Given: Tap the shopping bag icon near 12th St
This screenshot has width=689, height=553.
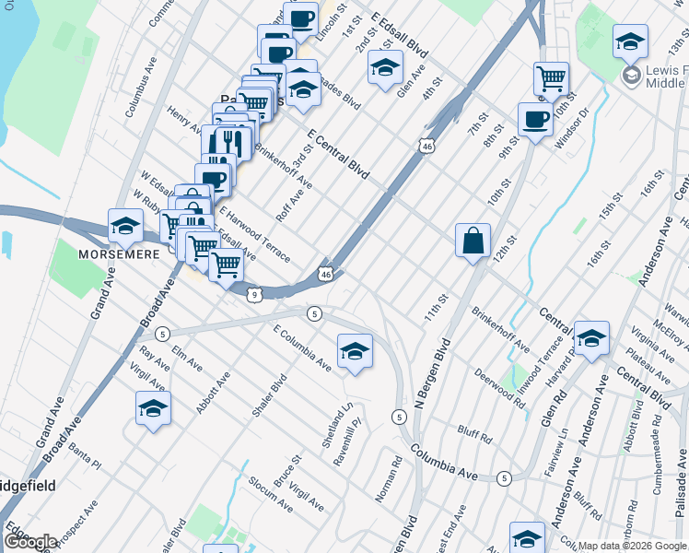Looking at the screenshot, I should [473, 241].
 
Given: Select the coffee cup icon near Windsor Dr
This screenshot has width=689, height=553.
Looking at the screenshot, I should [535, 121].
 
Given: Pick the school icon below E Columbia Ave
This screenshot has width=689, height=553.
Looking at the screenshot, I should [355, 351].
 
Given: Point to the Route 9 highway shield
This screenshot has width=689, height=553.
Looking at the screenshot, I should [255, 294].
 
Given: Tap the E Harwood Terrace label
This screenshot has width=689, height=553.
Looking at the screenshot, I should [255, 232].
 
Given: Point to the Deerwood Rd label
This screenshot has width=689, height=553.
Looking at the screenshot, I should [500, 388].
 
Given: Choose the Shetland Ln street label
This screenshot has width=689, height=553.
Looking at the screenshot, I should [336, 425].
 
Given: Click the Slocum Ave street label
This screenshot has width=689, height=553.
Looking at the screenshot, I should [270, 496].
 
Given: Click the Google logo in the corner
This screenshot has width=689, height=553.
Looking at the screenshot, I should [30, 542].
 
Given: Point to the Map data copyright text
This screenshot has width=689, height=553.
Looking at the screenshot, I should [632, 546].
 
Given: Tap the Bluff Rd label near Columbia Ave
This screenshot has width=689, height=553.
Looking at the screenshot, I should [473, 431].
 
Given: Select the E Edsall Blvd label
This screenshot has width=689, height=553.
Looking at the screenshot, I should [401, 34].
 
